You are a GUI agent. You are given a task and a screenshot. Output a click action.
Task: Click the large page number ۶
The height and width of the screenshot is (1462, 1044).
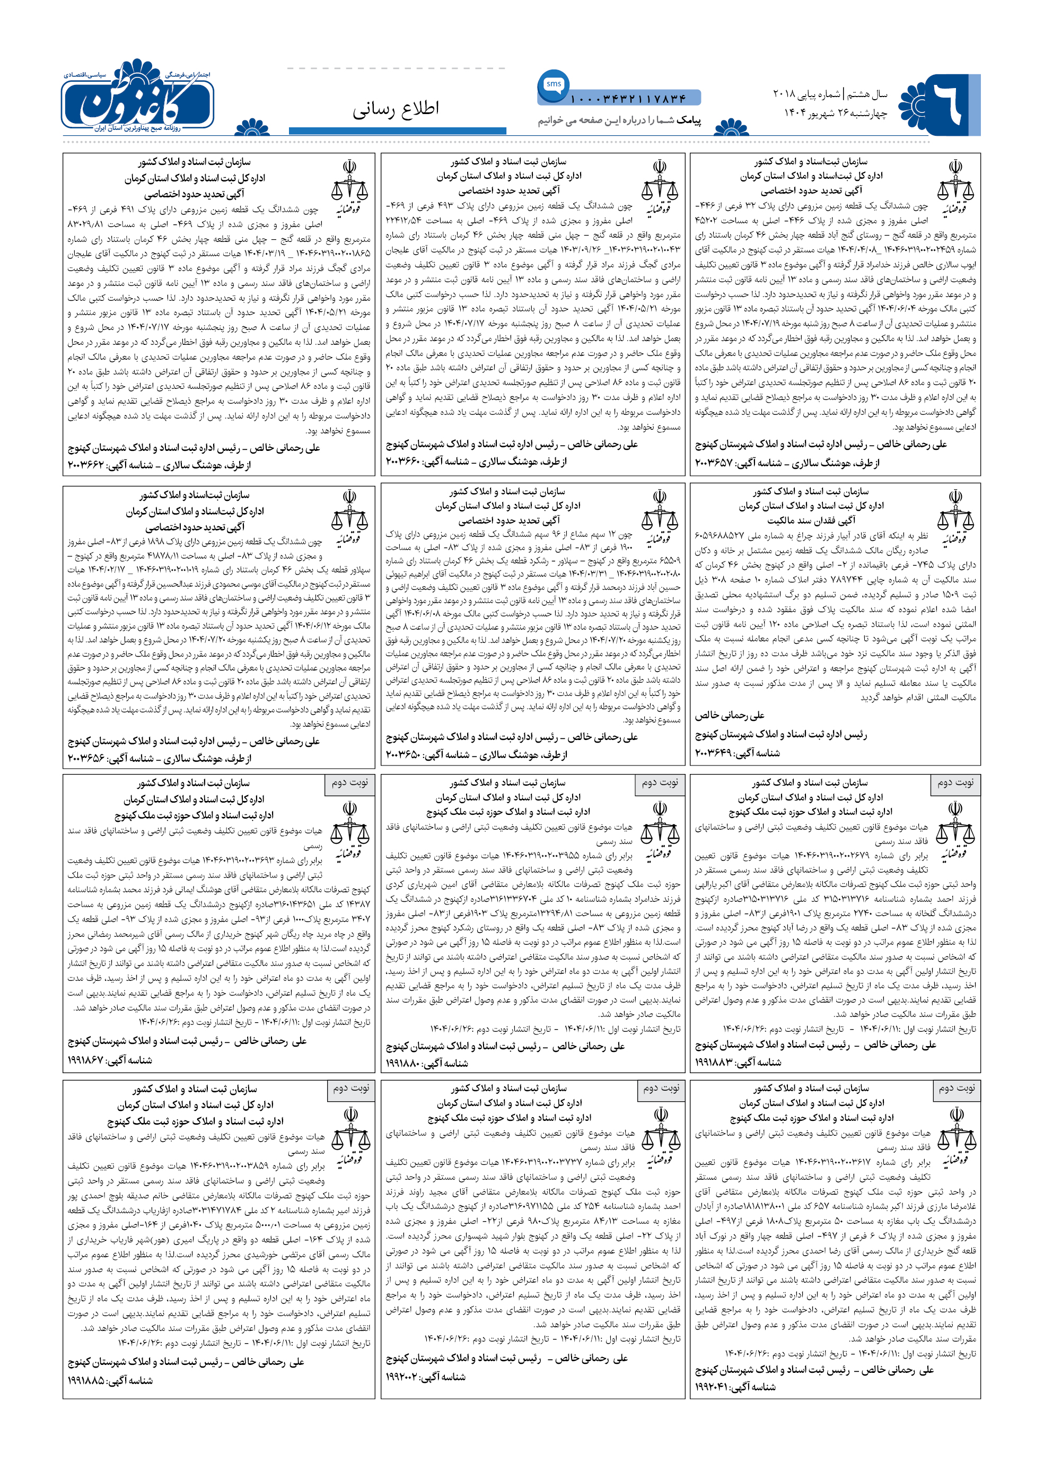pyautogui.click(x=947, y=103)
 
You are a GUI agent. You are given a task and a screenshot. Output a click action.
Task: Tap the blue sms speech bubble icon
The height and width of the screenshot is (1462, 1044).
pyautogui.click(x=553, y=85)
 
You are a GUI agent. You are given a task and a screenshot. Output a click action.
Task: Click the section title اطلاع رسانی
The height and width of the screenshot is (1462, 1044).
pyautogui.click(x=396, y=108)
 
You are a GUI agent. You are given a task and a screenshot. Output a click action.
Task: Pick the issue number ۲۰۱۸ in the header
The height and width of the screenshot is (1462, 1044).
pyautogui.click(x=784, y=94)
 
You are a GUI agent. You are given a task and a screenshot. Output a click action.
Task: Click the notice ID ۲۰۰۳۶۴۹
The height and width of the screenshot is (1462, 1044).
pyautogui.click(x=714, y=753)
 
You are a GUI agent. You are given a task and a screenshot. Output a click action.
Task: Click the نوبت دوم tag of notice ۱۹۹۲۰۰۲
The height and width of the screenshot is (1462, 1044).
pyautogui.click(x=661, y=1087)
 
